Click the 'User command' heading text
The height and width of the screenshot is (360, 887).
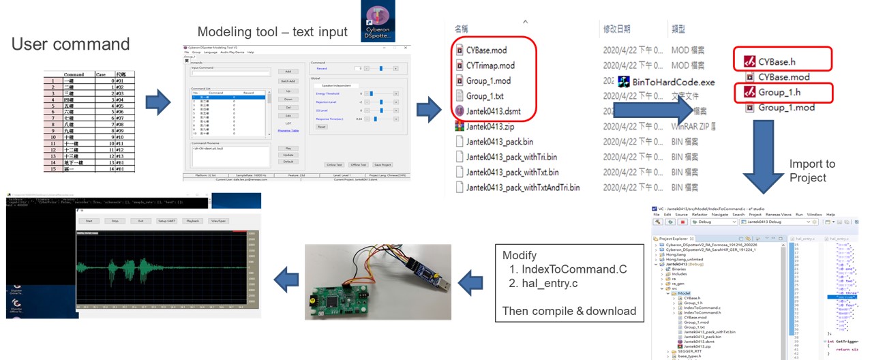[x=70, y=45]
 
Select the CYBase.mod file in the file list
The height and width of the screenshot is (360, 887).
[x=486, y=50]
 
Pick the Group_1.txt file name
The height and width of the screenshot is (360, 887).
[x=485, y=96]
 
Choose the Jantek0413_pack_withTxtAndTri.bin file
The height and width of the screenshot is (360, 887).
[x=522, y=187]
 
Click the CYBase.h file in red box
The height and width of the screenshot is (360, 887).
[x=784, y=62]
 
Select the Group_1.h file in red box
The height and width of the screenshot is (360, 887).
[x=785, y=92]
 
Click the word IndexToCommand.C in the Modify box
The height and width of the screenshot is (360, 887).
[x=565, y=270]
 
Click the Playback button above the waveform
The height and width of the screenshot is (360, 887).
[x=193, y=221]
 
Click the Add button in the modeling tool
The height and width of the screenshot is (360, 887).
[x=288, y=71]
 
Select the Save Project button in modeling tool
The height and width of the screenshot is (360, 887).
[x=382, y=164]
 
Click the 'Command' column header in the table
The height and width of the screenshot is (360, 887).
[x=74, y=74]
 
